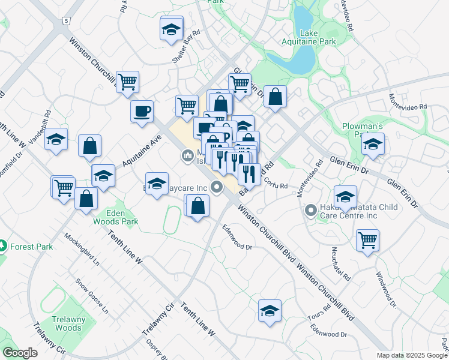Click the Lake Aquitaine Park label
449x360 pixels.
pyautogui.click(x=310, y=37)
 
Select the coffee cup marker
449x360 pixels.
pyautogui.click(x=142, y=111)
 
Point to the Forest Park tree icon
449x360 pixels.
pyautogui.click(x=3, y=246)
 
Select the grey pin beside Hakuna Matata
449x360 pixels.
pyautogui.click(x=311, y=211)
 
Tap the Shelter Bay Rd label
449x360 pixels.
pyautogui.click(x=185, y=46)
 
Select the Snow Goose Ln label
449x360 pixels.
pyautogui.click(x=92, y=296)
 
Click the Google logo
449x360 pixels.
pyautogui.click(x=20, y=353)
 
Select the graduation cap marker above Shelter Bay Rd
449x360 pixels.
pyautogui.click(x=171, y=28)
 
